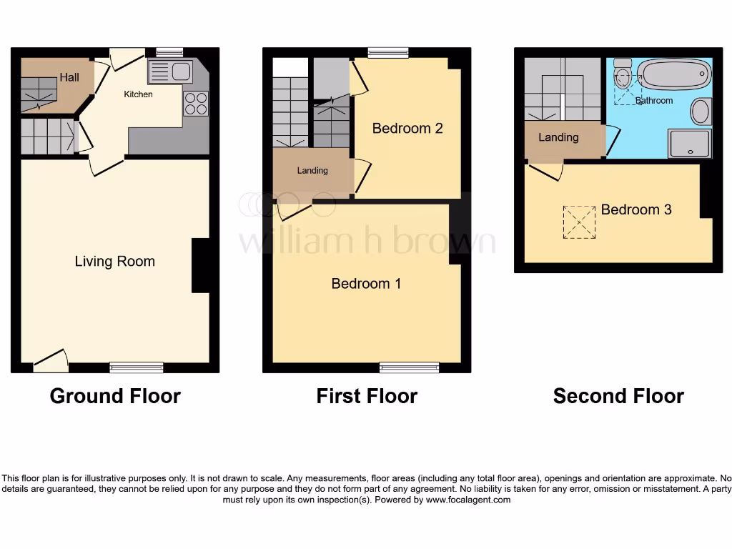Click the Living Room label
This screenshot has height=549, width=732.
tap(114, 262)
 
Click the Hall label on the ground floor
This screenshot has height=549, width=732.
tap(69, 77)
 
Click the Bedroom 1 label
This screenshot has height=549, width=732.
tap(366, 284)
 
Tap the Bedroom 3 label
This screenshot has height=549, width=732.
tap(636, 209)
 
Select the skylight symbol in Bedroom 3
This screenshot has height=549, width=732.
tap(579, 222)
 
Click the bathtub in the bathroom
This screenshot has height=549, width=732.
tap(673, 74)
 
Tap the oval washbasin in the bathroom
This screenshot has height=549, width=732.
tap(701, 112)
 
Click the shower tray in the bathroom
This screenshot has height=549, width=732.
tap(689, 144)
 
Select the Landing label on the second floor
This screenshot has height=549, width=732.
tap(558, 137)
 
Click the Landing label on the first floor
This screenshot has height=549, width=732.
tap(312, 170)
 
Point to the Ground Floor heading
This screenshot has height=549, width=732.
tap(115, 396)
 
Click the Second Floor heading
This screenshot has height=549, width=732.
tap(618, 396)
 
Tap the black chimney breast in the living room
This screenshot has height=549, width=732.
tap(200, 265)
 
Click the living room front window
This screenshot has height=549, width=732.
tap(137, 367)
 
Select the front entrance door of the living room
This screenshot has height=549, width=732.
tap(51, 360)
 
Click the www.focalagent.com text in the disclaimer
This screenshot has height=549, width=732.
tap(468, 500)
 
